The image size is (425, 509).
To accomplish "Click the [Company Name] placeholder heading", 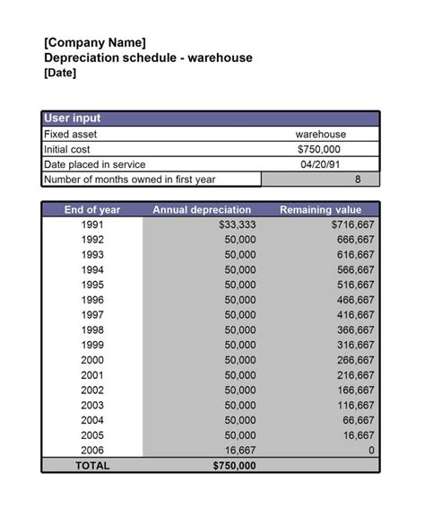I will (x=94, y=42).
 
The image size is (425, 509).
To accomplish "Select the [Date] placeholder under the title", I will (x=60, y=73).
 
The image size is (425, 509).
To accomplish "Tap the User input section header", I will (x=73, y=118).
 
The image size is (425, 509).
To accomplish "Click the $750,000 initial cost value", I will (x=319, y=149).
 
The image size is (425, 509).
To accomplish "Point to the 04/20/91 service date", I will (x=320, y=164).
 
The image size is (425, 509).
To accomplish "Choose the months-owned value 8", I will (x=358, y=180).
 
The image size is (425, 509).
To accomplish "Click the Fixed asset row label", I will (x=70, y=134).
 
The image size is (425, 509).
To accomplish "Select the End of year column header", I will (x=92, y=209).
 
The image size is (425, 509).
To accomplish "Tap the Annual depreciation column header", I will (x=202, y=209).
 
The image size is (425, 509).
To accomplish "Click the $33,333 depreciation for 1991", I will (x=237, y=224).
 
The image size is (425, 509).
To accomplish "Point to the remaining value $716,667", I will (x=352, y=224).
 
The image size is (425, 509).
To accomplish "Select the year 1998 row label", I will (x=92, y=329).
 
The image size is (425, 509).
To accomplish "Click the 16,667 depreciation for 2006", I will (x=239, y=450).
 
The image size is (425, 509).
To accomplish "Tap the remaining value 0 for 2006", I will (x=370, y=450).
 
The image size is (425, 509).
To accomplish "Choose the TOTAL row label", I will (x=92, y=465).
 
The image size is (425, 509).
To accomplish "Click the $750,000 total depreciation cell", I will (x=234, y=465).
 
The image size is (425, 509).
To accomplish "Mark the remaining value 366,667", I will (x=355, y=329).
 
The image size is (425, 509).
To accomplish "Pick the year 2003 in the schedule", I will (x=92, y=405).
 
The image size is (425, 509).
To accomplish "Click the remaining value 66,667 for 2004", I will (x=358, y=420).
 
